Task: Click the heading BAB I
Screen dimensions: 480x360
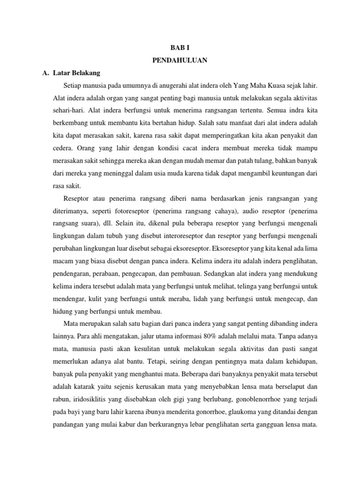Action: pos(180,48)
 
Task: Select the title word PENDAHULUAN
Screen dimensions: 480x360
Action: pos(180,60)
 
